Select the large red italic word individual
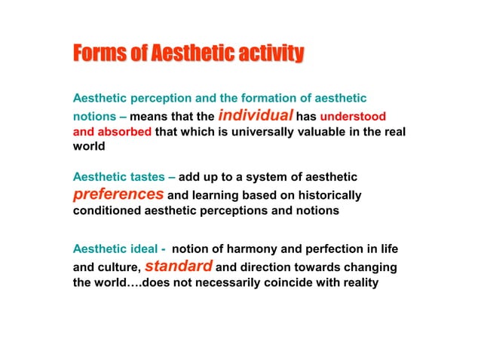pos(256,116)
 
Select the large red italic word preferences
pos(117,194)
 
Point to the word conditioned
pos(105,211)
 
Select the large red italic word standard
pos(179,265)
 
